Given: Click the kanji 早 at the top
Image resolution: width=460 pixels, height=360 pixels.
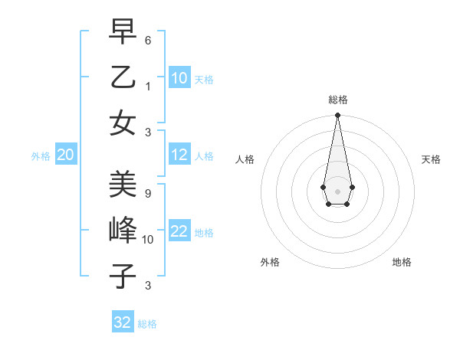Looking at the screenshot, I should click(x=123, y=32).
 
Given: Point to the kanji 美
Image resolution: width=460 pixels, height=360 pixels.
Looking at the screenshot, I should click(x=123, y=185).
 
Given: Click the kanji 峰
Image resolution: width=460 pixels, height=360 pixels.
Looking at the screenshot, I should click(x=123, y=230).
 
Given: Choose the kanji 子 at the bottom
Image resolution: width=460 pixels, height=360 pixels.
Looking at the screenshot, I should click(x=123, y=276).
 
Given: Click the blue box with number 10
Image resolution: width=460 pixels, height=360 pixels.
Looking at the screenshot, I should click(x=179, y=78).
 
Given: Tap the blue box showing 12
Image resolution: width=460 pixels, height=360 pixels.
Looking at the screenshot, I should click(x=179, y=155).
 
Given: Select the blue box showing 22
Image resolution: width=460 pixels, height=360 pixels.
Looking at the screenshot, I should click(x=179, y=232).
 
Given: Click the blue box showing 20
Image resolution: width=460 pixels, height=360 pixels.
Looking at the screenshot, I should click(x=65, y=155).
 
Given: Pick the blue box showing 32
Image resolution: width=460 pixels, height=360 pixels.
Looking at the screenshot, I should click(x=123, y=322).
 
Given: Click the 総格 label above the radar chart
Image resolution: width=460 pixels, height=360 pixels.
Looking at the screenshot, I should click(x=337, y=100).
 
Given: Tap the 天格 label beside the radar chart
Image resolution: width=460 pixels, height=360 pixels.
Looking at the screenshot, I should click(x=431, y=159).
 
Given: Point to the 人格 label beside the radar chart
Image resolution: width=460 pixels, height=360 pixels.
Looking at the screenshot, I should click(x=245, y=159).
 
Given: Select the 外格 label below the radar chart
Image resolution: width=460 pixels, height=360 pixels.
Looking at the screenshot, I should click(x=270, y=262).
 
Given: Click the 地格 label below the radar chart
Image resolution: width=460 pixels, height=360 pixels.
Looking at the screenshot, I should click(x=402, y=262).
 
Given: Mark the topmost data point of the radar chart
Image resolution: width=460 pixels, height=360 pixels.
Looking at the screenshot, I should click(x=337, y=116).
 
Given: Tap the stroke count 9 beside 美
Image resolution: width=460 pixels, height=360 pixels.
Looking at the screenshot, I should click(x=147, y=193).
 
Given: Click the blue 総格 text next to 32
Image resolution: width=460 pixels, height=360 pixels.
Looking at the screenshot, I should click(x=147, y=324).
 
